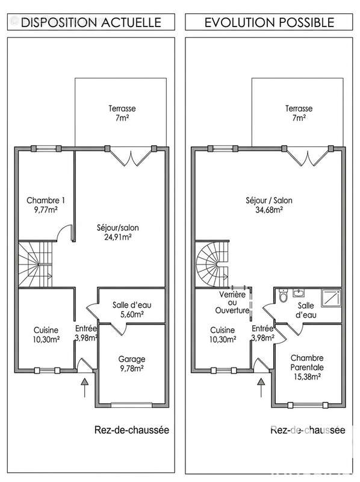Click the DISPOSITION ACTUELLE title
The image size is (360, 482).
[x=91, y=22]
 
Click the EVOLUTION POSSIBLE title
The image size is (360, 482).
[x=269, y=22]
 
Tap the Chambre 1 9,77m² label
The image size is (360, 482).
[x=46, y=205]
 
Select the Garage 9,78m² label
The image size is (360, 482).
[x=132, y=364]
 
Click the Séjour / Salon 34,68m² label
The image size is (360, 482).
[x=269, y=205]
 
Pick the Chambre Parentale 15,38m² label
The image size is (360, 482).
[x=307, y=368]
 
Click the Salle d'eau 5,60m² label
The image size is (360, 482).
[x=132, y=310]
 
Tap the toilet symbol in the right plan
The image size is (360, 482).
[x=283, y=296]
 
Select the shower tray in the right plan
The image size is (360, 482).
[x=331, y=298]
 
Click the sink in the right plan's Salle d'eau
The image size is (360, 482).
[x=298, y=293]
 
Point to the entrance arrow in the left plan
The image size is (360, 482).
[x=84, y=388]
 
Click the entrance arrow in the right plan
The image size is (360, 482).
[x=261, y=388]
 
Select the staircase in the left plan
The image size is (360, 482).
[x=36, y=264]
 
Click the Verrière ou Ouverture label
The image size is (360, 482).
[x=232, y=302]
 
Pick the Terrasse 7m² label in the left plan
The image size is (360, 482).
[x=122, y=113]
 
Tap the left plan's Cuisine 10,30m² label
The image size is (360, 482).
[x=46, y=335]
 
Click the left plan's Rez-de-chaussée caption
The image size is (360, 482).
[x=132, y=430]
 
